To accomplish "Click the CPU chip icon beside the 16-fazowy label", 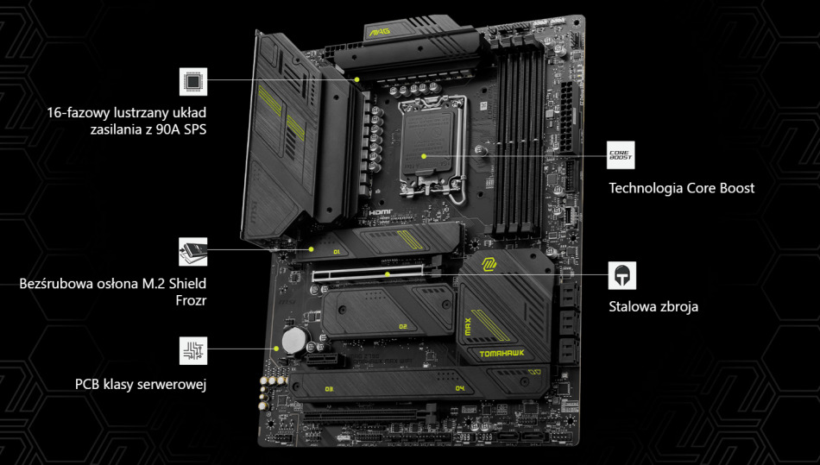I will (193, 82).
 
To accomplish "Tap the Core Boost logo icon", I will (621, 155).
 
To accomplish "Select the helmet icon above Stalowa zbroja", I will (621, 275).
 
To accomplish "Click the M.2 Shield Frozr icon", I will (193, 252).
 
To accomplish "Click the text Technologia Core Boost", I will (681, 188).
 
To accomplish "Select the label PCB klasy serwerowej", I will (141, 384).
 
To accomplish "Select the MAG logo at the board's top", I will (381, 33).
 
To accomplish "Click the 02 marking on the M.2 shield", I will (402, 326).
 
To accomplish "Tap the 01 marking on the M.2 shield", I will (337, 252).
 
